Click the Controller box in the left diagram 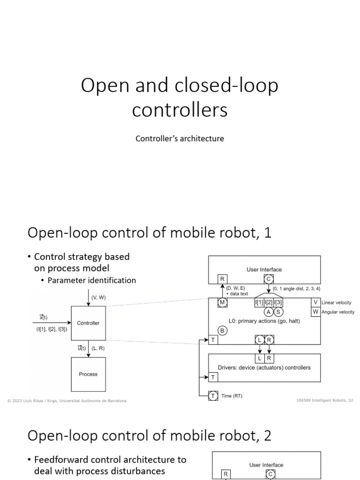pyautogui.click(x=88, y=323)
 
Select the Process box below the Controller pyautogui.click(x=88, y=374)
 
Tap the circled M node pyautogui.click(x=222, y=303)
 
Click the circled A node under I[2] pyautogui.click(x=268, y=312)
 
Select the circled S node pyautogui.click(x=278, y=312)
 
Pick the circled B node pyautogui.click(x=223, y=330)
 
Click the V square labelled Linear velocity pyautogui.click(x=315, y=302)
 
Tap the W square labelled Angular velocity pyautogui.click(x=315, y=312)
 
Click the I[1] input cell pyautogui.click(x=259, y=303)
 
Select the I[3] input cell pyautogui.click(x=278, y=303)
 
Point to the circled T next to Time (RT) pyautogui.click(x=213, y=396)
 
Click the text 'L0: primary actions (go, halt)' pyautogui.click(x=265, y=321)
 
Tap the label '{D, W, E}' pyautogui.click(x=235, y=289)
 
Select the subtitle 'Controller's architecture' pyautogui.click(x=180, y=139)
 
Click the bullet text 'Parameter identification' pyautogui.click(x=92, y=280)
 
